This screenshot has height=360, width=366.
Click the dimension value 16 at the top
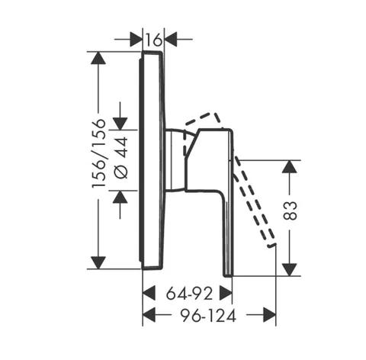pos(154,40)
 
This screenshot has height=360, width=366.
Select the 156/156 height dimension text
pos(98,153)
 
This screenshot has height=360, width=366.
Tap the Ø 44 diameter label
pos(120,158)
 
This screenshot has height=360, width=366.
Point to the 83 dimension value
pos(290,211)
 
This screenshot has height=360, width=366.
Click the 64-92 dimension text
pos(189,294)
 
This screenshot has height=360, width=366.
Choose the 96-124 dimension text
pos(208,316)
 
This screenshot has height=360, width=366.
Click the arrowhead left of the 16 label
pos(136,40)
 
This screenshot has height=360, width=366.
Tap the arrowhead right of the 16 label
pos(171,40)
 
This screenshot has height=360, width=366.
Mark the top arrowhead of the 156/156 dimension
pos(98,58)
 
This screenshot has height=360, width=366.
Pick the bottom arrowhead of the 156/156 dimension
pos(98,262)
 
